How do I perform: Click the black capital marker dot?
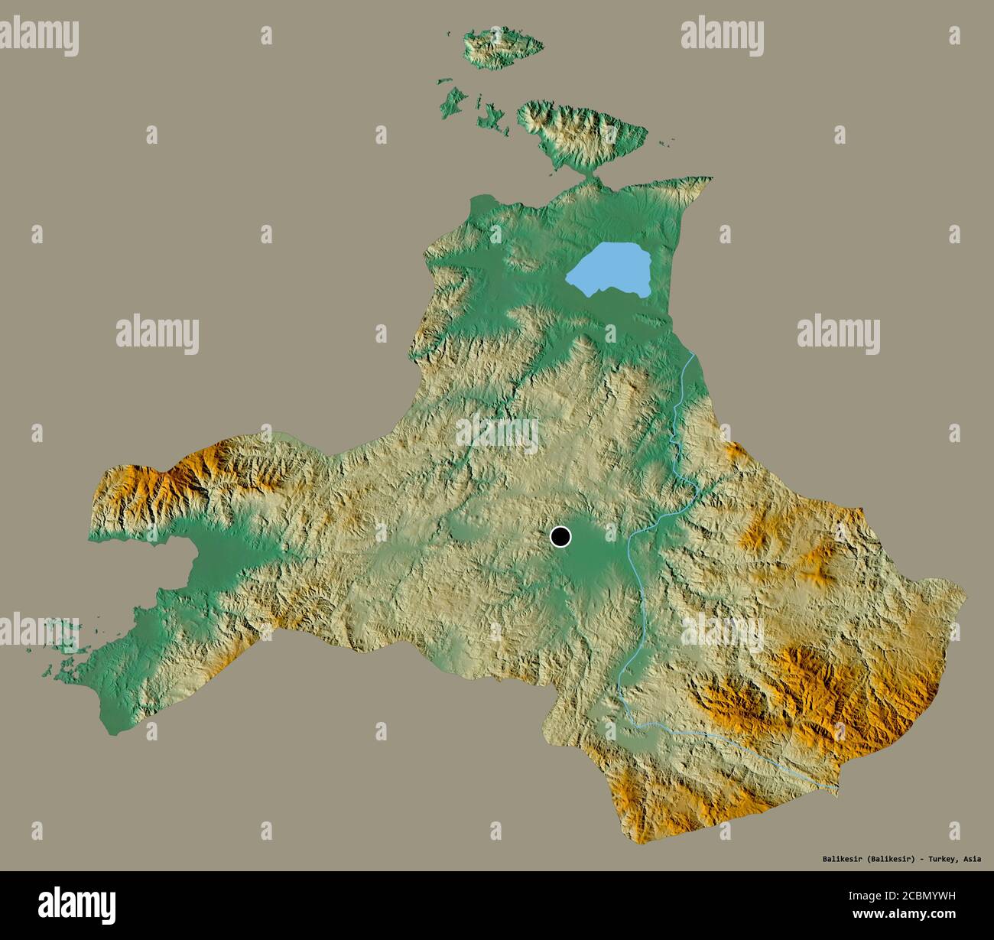[x=560, y=537]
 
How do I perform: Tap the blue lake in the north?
[x=610, y=273]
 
